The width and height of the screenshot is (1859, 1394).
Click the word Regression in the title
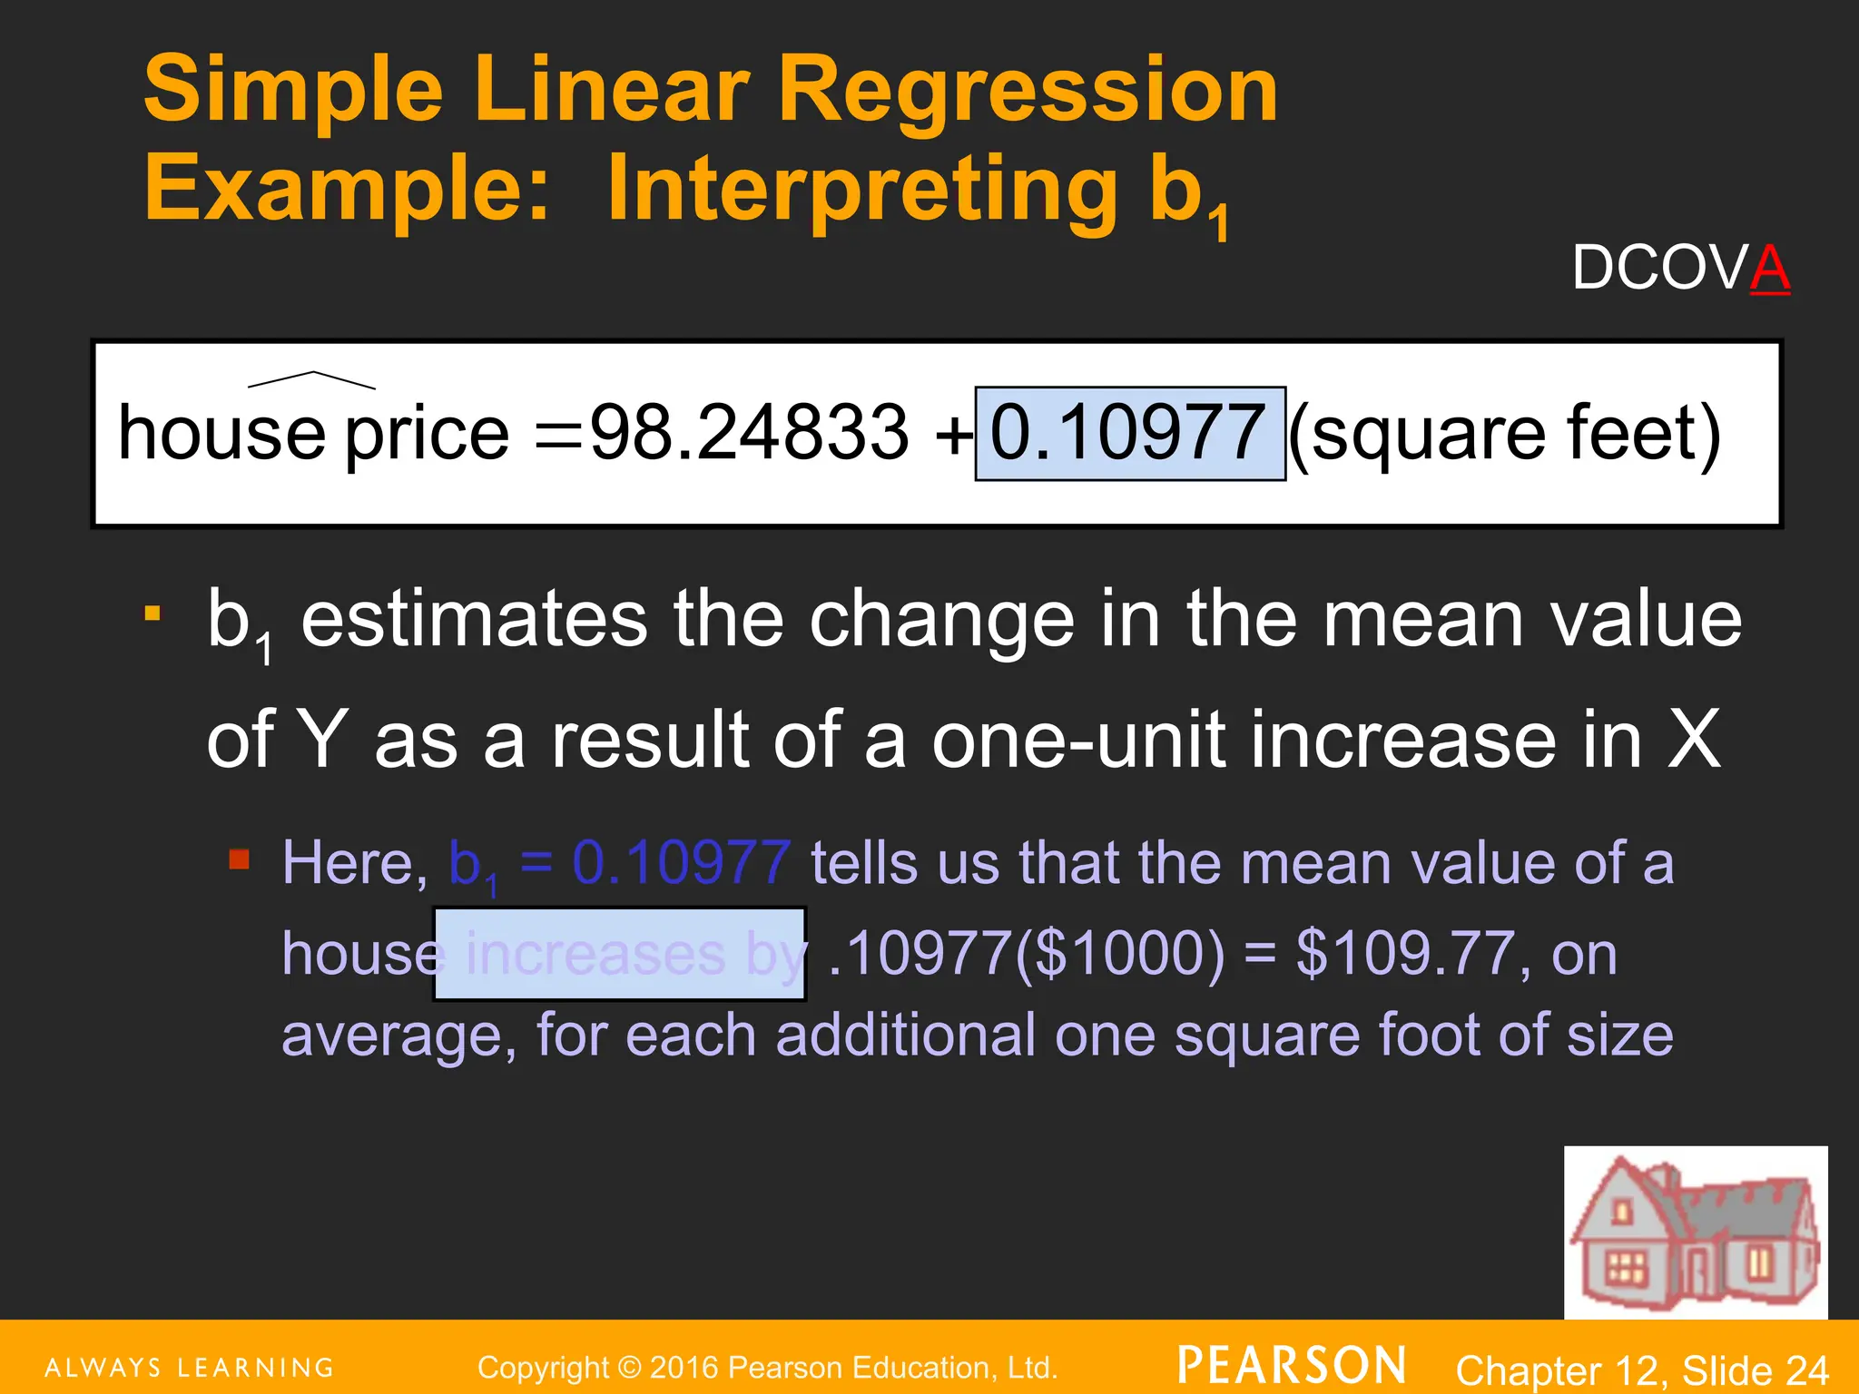click(1028, 89)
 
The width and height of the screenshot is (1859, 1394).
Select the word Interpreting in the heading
click(861, 189)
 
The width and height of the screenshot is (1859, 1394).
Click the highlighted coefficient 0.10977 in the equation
click(1129, 433)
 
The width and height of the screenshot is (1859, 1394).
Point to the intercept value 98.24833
click(749, 433)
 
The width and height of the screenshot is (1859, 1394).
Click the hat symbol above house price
click(311, 380)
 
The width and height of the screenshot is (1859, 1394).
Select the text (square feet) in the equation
click(1504, 435)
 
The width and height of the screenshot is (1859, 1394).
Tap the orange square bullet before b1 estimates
click(152, 614)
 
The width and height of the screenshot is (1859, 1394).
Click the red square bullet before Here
click(239, 859)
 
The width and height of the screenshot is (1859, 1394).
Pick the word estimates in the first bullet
click(474, 620)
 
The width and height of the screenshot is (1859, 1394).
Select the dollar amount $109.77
click(1406, 954)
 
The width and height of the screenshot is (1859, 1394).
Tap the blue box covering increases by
click(620, 954)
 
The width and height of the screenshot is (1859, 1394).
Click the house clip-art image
click(1695, 1232)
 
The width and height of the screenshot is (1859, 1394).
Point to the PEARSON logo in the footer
click(1292, 1365)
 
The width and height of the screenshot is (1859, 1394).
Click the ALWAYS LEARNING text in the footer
click(190, 1367)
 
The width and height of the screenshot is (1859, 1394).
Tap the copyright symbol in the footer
click(629, 1368)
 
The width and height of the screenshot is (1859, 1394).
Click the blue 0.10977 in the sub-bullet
click(682, 862)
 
